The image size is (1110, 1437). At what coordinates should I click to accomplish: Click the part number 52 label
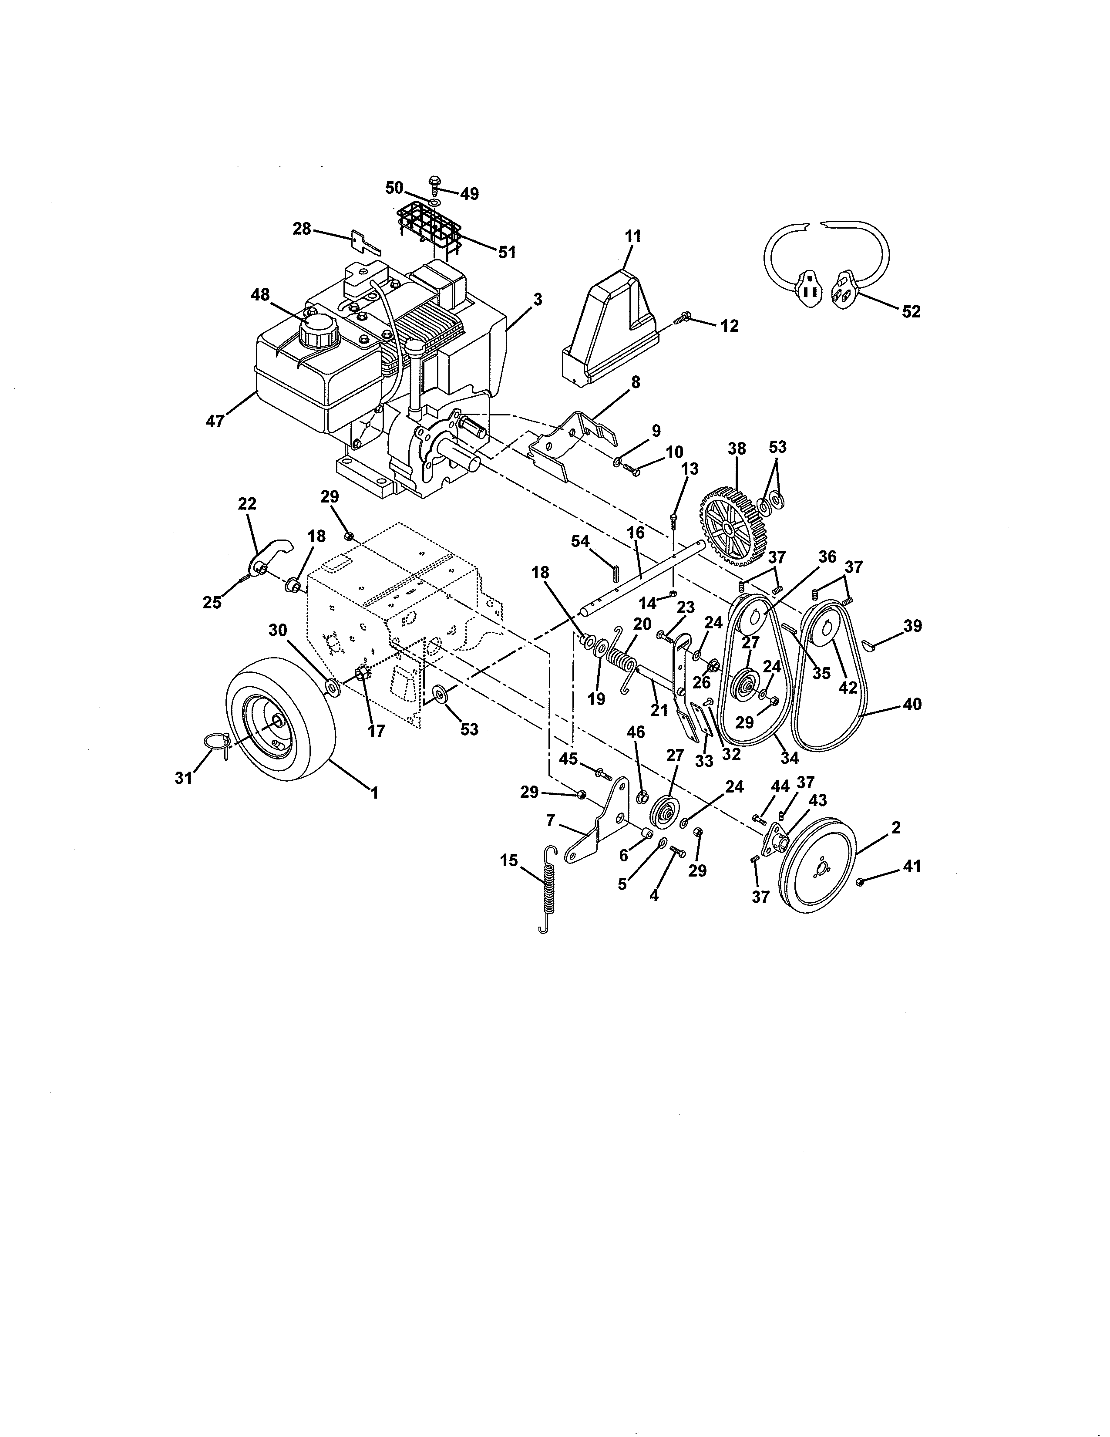point(912,311)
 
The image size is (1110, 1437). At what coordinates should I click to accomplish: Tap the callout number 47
point(215,421)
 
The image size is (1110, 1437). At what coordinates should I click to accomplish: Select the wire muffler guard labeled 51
point(428,228)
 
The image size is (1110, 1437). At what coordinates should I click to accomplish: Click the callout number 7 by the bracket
point(550,820)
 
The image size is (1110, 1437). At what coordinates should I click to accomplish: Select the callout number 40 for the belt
point(912,704)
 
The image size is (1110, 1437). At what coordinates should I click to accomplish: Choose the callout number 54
point(579,541)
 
